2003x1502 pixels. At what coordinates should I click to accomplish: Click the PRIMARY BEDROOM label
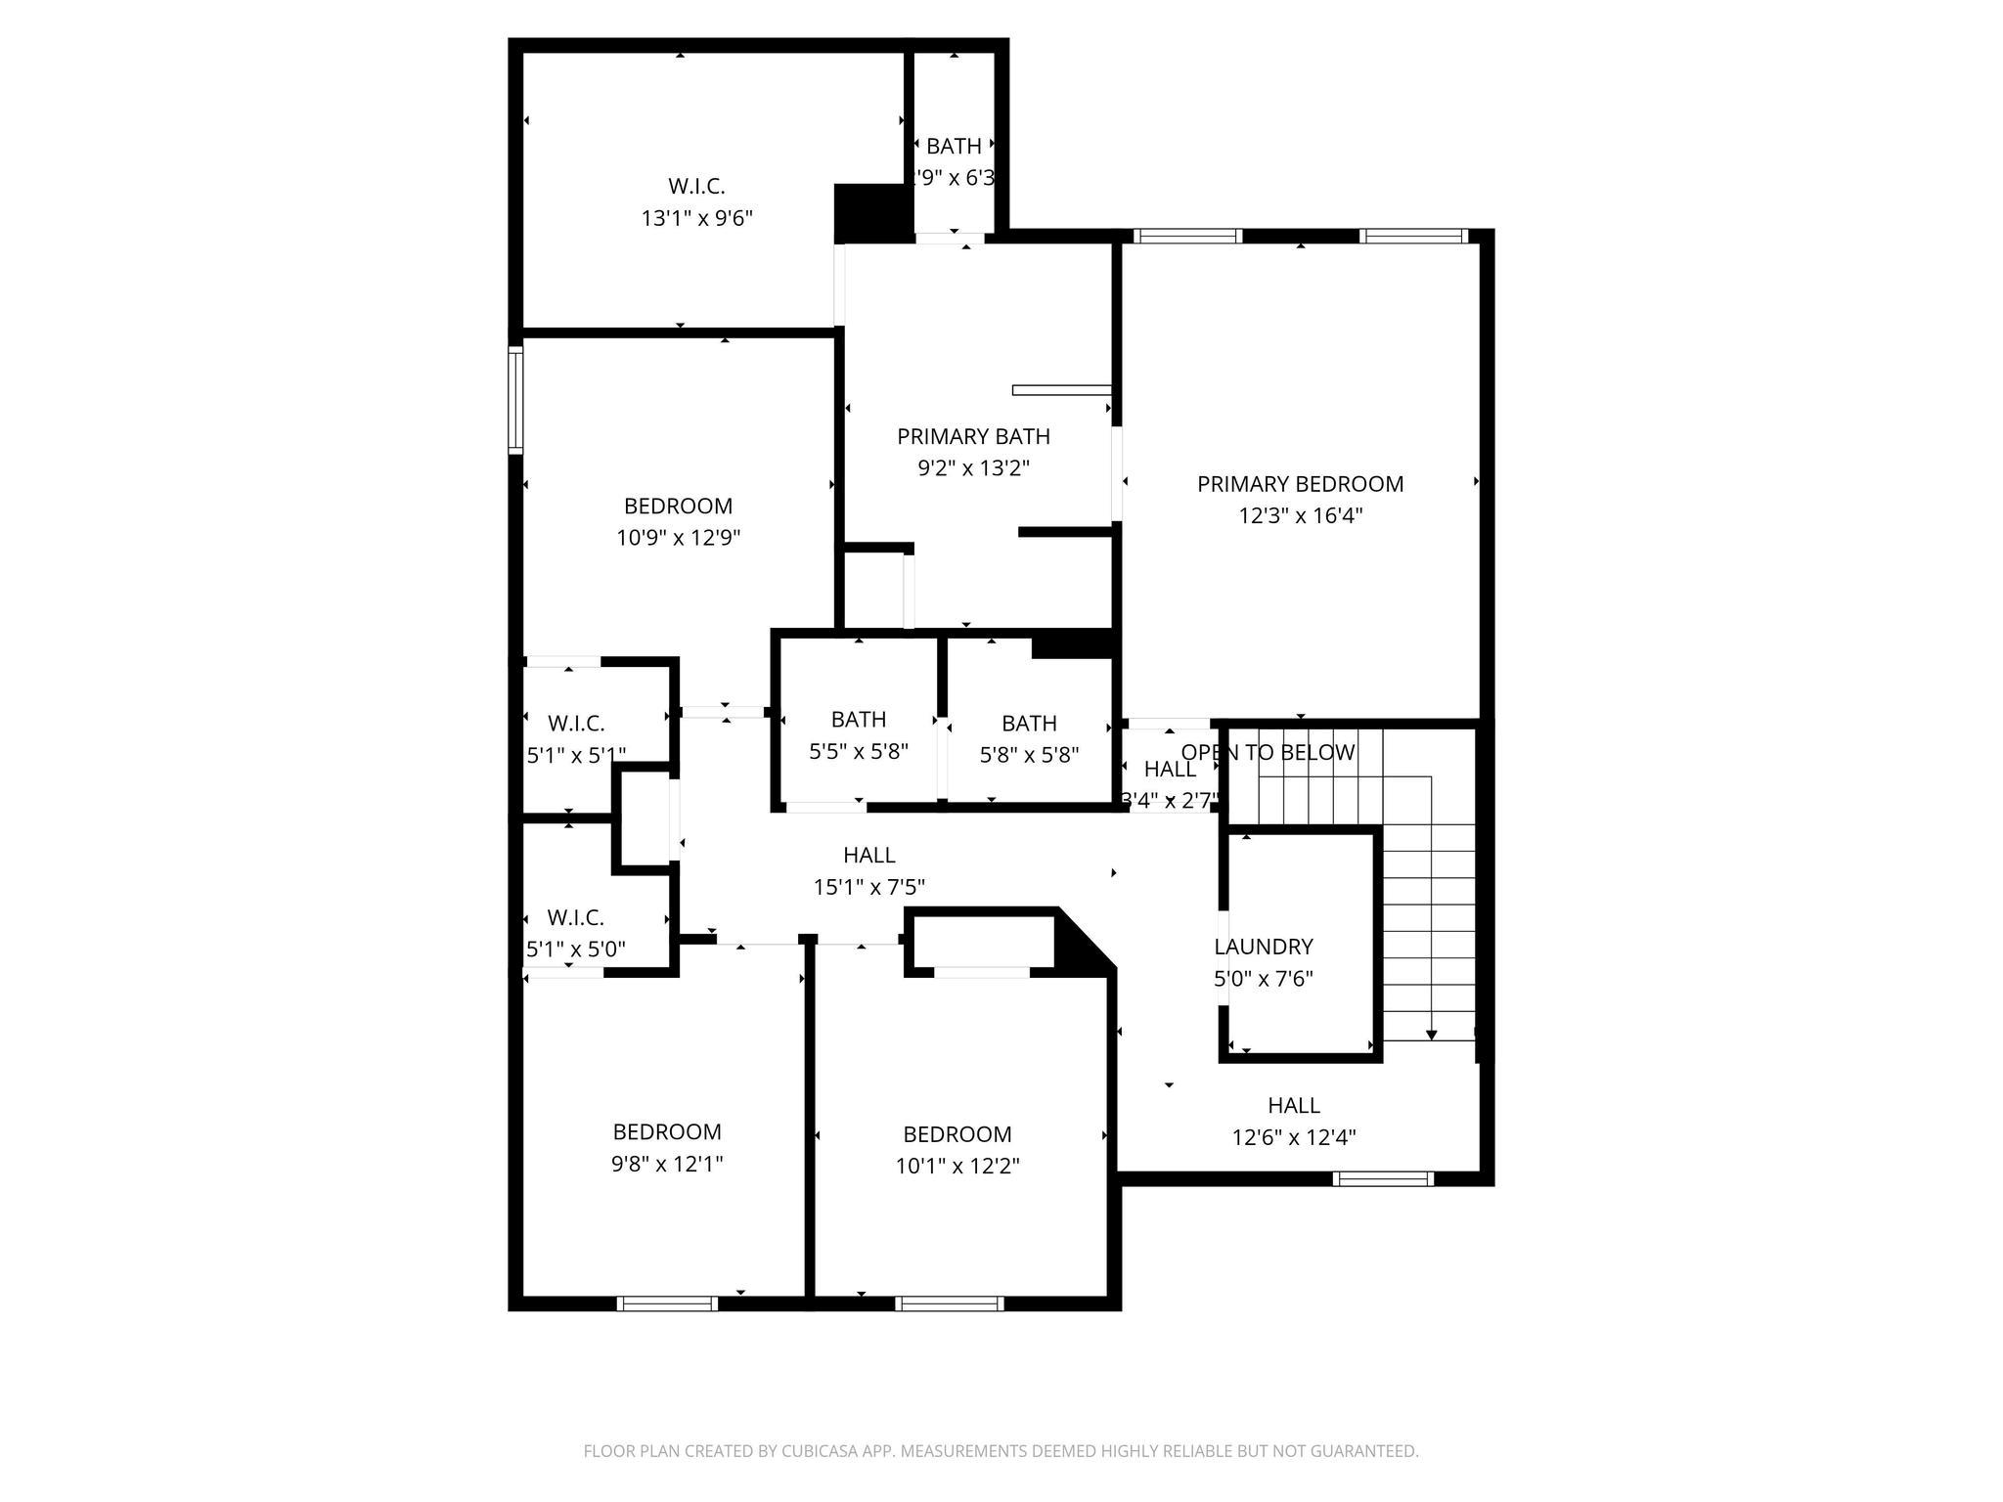(1300, 484)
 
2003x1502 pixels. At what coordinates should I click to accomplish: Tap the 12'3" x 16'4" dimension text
(1300, 515)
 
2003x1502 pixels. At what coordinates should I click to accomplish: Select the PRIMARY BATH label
(973, 436)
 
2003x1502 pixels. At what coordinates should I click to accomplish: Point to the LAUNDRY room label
(1263, 947)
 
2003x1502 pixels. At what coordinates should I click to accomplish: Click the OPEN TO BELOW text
(1268, 752)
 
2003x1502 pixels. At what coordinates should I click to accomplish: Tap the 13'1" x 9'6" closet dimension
(696, 218)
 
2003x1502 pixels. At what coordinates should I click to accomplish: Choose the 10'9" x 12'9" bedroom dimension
(678, 538)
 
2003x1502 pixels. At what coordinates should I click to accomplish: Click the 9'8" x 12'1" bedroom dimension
(667, 1164)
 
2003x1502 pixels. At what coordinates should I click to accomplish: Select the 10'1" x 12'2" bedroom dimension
(957, 1166)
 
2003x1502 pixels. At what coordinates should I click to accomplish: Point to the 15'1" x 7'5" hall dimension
(868, 887)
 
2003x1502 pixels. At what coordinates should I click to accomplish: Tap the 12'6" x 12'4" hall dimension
(1293, 1137)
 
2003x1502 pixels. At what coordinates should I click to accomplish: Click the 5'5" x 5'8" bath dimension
(858, 751)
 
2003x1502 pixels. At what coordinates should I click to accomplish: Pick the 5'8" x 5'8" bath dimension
(1029, 755)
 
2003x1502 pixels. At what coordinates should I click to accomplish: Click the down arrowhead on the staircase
(1432, 1034)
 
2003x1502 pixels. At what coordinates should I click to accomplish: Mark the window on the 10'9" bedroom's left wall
(515, 400)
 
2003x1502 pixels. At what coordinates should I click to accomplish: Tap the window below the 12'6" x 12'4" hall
(1384, 1178)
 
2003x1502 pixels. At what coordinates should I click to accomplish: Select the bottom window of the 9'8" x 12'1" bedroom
(667, 1303)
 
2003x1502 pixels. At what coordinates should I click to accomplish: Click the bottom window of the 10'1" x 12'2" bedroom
(949, 1303)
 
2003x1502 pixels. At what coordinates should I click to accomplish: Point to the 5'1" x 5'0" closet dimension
(575, 949)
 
